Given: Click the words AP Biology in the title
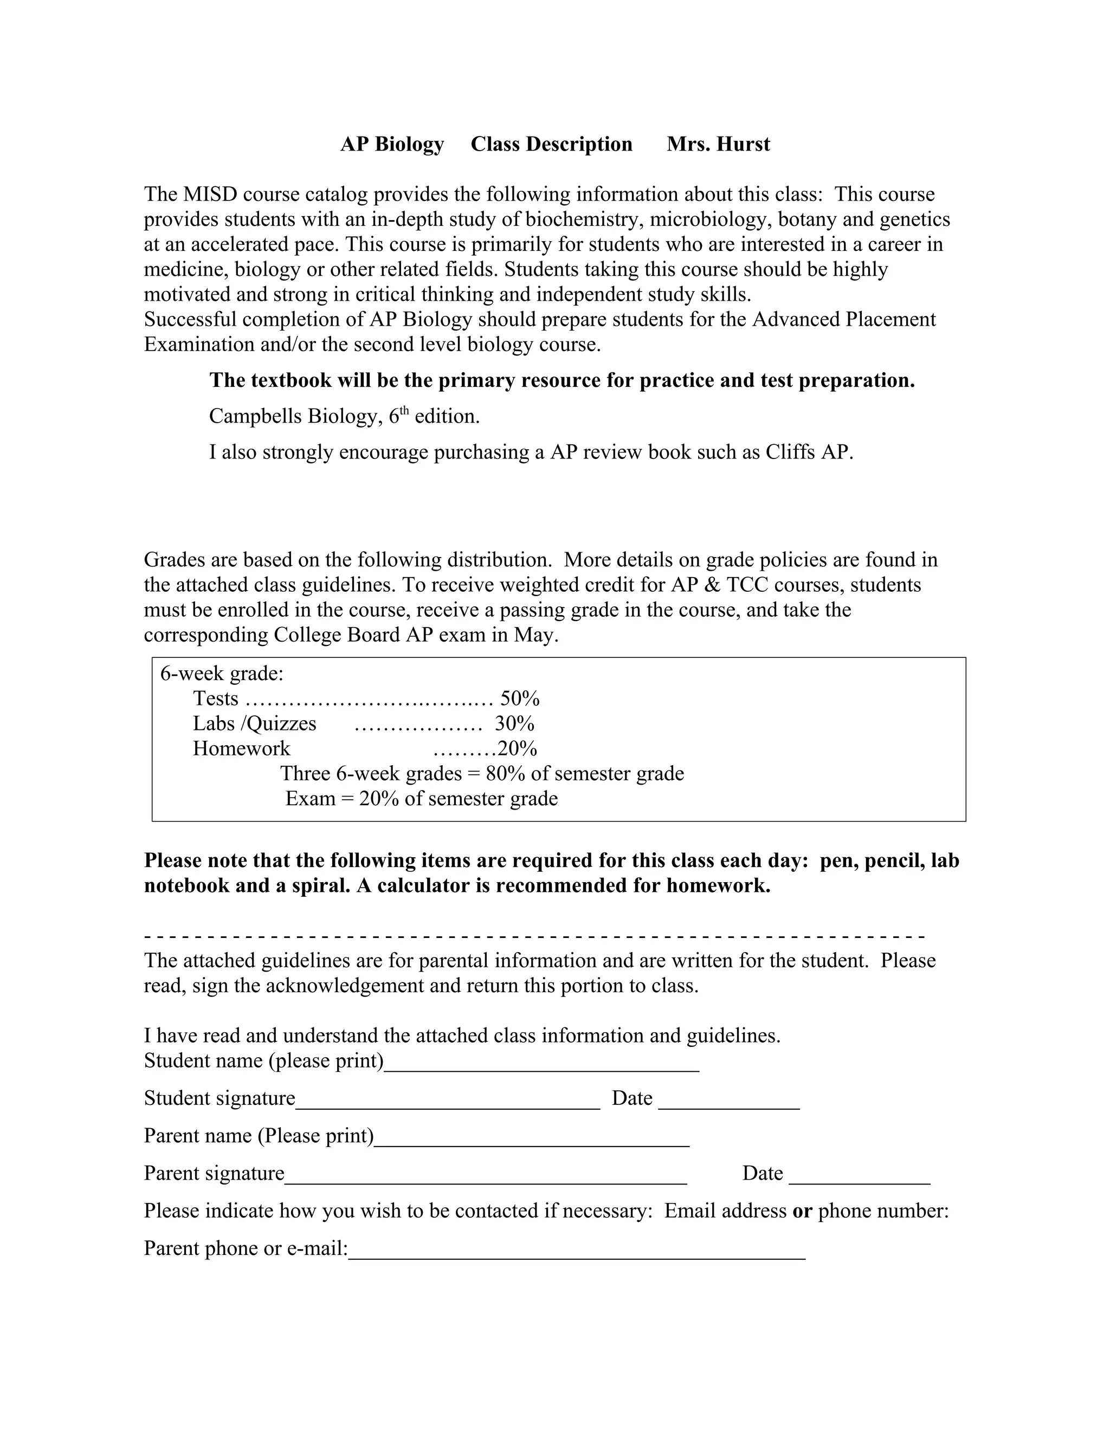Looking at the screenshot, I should click(x=392, y=144).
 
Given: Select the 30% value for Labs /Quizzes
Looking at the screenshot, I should click(x=514, y=723).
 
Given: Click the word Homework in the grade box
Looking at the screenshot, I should click(x=241, y=748).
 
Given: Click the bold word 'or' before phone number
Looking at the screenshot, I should click(x=802, y=1211).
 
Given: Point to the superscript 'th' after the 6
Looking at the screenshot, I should click(x=404, y=411).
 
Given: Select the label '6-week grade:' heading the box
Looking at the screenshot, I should click(x=222, y=673).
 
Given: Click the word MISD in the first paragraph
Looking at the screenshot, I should click(x=210, y=195).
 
